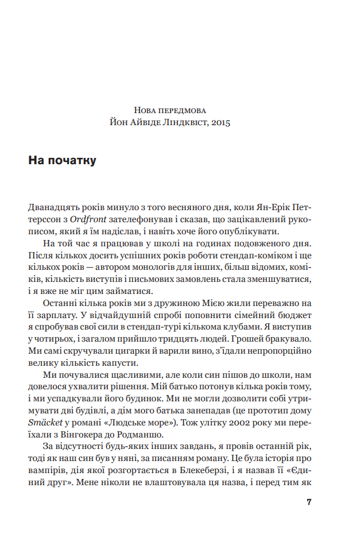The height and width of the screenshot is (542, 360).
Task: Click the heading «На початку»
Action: click(62, 161)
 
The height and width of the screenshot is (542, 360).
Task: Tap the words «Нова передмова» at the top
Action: click(170, 110)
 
